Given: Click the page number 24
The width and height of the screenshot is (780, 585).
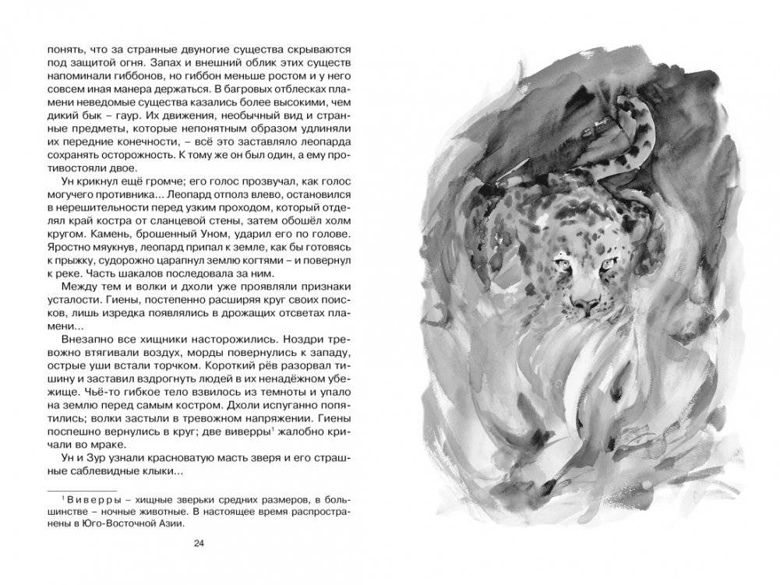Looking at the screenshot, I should [198, 543].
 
